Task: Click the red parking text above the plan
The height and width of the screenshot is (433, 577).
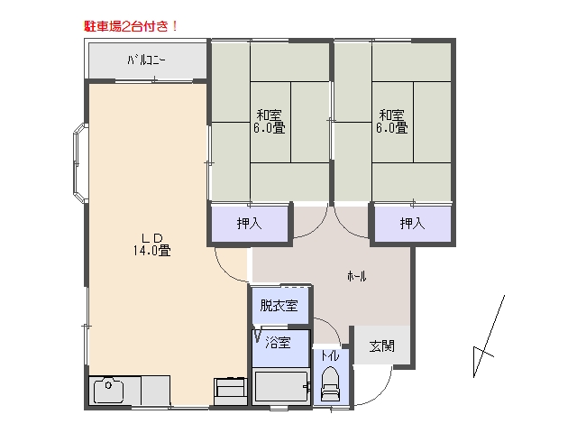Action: [131, 26]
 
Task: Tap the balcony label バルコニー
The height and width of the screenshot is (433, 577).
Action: [146, 60]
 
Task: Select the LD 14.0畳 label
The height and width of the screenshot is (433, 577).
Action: [152, 244]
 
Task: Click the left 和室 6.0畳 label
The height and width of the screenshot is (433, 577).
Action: [269, 121]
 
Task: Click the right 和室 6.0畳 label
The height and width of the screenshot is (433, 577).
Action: [392, 121]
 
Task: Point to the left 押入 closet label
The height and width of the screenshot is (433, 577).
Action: [249, 224]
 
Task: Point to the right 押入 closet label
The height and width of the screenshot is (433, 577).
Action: [413, 223]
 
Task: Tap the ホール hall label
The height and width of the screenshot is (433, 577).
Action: [357, 276]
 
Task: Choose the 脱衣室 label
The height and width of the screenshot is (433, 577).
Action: [279, 305]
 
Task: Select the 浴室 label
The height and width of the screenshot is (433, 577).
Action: [279, 343]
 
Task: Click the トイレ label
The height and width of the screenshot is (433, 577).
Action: [330, 355]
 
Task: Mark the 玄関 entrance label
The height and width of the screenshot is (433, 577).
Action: [382, 346]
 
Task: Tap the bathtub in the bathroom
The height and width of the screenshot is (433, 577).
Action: [280, 386]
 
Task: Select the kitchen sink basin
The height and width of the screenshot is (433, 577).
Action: [108, 391]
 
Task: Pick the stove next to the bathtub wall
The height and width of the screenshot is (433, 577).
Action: [231, 391]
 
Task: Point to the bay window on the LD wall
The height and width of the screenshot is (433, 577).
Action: [80, 163]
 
